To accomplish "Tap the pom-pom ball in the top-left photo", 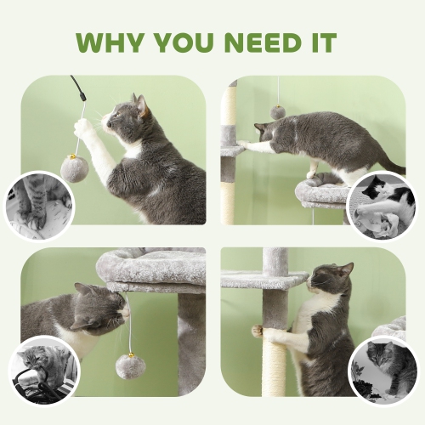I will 74,167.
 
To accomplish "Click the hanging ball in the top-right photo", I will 278,111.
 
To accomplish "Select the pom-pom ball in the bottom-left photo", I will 130,366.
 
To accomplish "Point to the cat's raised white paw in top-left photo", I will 83,127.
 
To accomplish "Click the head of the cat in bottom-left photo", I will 100,308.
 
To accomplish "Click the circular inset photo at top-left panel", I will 37,206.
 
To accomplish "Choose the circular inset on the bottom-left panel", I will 43,371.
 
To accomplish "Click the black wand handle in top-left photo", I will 79,86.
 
